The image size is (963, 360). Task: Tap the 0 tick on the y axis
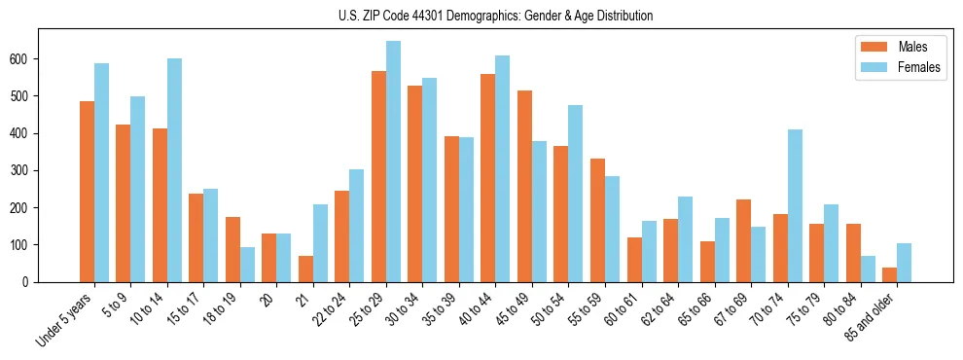tap(32, 282)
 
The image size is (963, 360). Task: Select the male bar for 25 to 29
tap(378, 176)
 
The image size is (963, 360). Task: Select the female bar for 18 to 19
tap(247, 265)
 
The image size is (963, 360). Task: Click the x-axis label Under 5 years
tap(66, 319)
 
